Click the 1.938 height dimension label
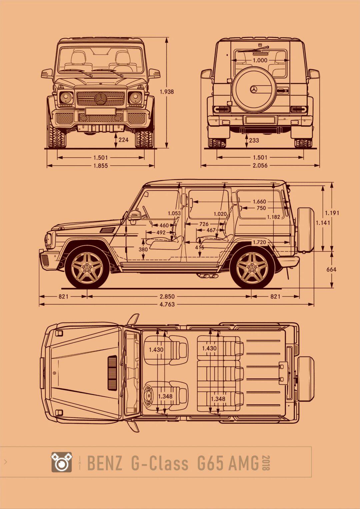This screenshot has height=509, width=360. click(167, 92)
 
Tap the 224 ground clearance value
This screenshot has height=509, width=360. click(123, 140)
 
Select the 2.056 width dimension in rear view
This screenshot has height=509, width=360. click(260, 165)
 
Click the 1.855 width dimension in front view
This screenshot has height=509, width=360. click(100, 166)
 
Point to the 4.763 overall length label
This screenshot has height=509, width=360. click(167, 304)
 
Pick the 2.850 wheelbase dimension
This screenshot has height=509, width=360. click(167, 296)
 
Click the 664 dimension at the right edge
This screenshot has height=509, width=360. click(331, 269)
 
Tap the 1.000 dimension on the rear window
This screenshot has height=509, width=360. click(260, 60)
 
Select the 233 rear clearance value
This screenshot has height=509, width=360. click(254, 140)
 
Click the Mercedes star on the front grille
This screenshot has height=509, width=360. click(100, 99)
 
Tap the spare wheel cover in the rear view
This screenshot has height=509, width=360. click(254, 89)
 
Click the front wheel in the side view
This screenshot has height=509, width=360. click(87, 267)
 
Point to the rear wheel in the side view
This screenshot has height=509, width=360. click(252, 267)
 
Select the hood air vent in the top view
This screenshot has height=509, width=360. click(112, 373)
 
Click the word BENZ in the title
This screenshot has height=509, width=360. click(104, 463)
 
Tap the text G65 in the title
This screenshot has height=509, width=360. click(210, 463)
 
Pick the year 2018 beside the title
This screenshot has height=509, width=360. click(266, 463)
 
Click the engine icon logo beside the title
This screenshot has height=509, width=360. click(61, 462)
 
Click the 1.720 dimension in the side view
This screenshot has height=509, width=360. click(259, 242)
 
